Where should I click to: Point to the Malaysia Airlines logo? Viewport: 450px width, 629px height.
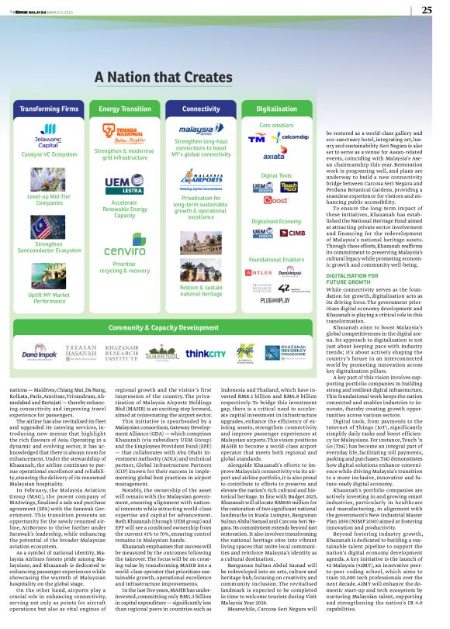click(x=201, y=129)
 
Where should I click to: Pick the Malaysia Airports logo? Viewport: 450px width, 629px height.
click(x=201, y=181)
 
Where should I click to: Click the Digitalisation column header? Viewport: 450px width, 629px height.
click(x=275, y=109)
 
